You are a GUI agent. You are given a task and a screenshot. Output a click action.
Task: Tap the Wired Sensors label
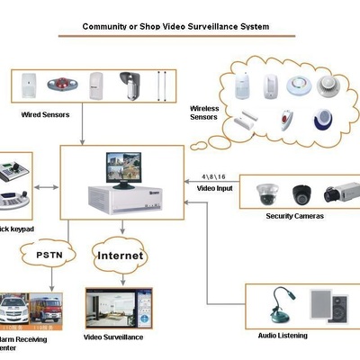tap(47, 115)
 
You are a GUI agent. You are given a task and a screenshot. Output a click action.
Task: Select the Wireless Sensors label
tap(203, 113)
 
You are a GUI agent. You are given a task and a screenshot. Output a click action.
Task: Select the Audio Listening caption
tap(282, 335)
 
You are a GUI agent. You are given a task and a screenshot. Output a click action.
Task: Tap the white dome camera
tap(267, 193)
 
